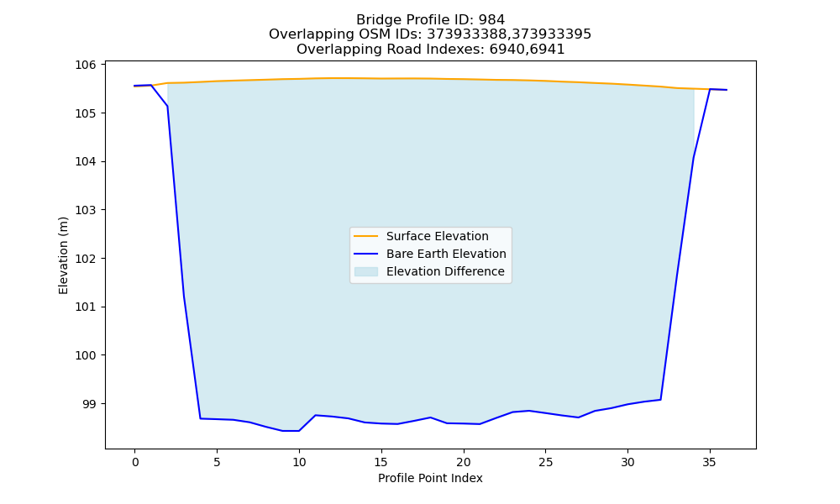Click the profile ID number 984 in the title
pyautogui.click(x=491, y=20)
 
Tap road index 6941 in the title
pyautogui.click(x=547, y=50)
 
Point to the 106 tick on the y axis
pyautogui.click(x=86, y=65)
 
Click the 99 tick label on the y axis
pyautogui.click(x=90, y=404)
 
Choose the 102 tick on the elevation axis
pyautogui.click(x=86, y=259)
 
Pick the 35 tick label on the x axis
pyautogui.click(x=710, y=462)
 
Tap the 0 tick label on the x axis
pyautogui.click(x=134, y=462)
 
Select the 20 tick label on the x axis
pyautogui.click(x=464, y=462)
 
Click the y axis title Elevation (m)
pyautogui.click(x=63, y=255)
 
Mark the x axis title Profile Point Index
pyautogui.click(x=430, y=478)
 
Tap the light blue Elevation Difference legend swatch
pyautogui.click(x=366, y=271)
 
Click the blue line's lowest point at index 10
pyautogui.click(x=299, y=431)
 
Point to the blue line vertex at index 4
pyautogui.click(x=201, y=418)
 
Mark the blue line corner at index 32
pyautogui.click(x=660, y=400)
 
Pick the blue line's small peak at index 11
pyautogui.click(x=316, y=415)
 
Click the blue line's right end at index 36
pyautogui.click(x=727, y=90)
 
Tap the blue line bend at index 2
pyautogui.click(x=168, y=106)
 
